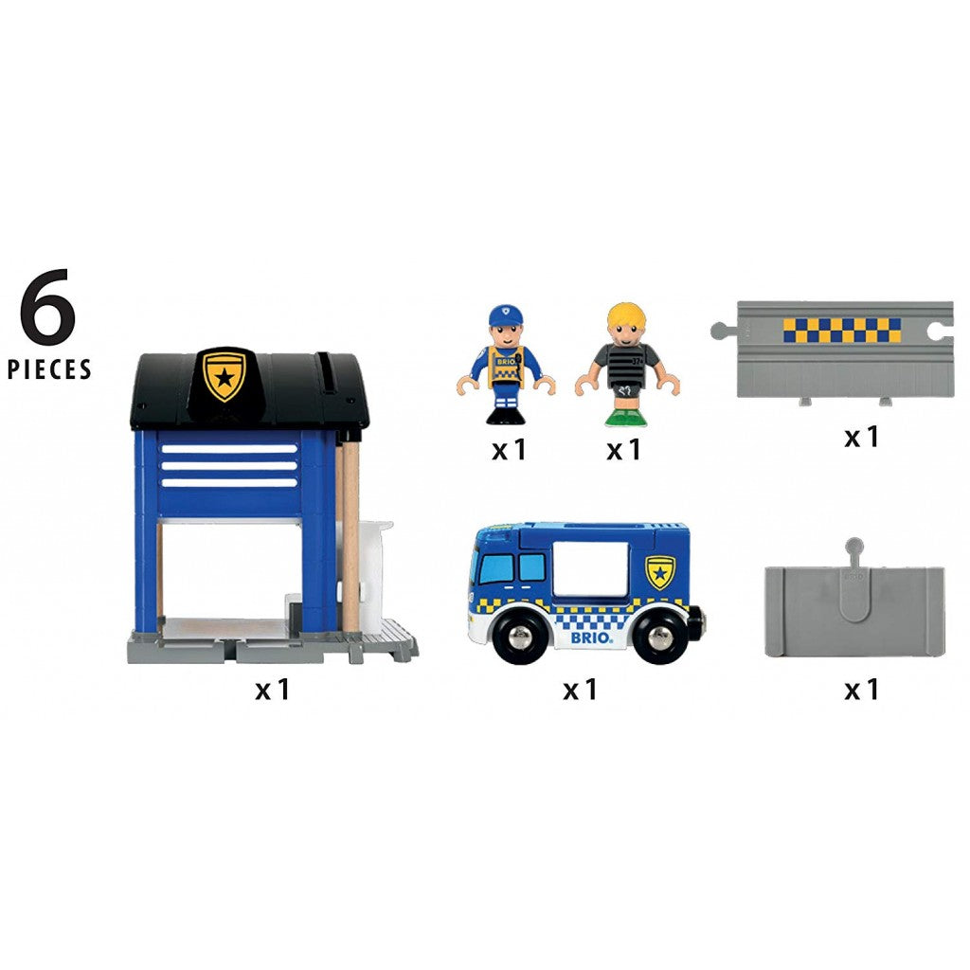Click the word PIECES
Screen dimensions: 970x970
(49, 369)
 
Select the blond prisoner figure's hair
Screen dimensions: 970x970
(626, 316)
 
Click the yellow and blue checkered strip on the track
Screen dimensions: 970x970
(841, 331)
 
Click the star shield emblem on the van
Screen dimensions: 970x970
(660, 571)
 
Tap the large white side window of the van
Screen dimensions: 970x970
(590, 569)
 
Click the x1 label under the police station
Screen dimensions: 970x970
(272, 689)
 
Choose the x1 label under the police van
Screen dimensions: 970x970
(580, 689)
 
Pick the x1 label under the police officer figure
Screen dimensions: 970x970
(509, 449)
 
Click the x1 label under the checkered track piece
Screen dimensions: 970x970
(862, 437)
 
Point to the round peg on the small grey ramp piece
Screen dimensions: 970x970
(854, 547)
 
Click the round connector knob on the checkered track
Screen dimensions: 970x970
(720, 331)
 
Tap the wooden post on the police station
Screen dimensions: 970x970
(350, 536)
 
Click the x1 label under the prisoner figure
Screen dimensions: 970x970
(623, 449)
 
